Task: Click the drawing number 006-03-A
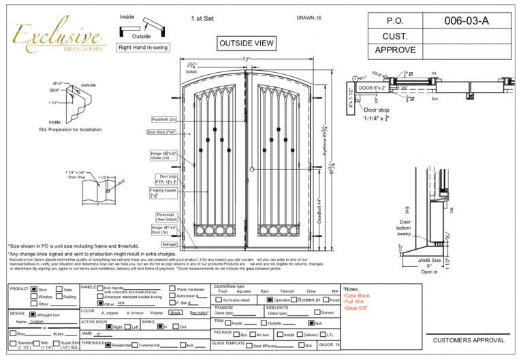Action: pyautogui.click(x=466, y=21)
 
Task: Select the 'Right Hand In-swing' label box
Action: pyautogui.click(x=142, y=48)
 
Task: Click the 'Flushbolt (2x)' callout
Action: pyautogui.click(x=163, y=119)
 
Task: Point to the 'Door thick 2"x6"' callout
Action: pyautogui.click(x=163, y=132)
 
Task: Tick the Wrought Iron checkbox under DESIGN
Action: pyautogui.click(x=33, y=315)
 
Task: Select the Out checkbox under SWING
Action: pyautogui.click(x=175, y=327)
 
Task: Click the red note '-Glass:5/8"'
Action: pyautogui.click(x=360, y=308)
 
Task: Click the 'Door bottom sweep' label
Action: pyautogui.click(x=406, y=227)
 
